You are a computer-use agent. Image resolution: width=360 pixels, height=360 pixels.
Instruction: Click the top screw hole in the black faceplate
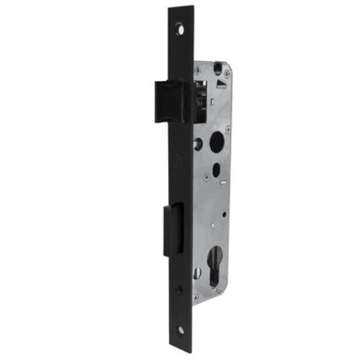tap(180, 28)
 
